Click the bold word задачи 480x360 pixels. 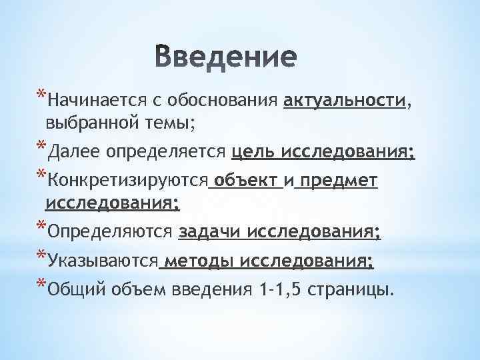[209, 233]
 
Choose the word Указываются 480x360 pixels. [103, 262]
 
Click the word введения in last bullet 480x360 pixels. [213, 291]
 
